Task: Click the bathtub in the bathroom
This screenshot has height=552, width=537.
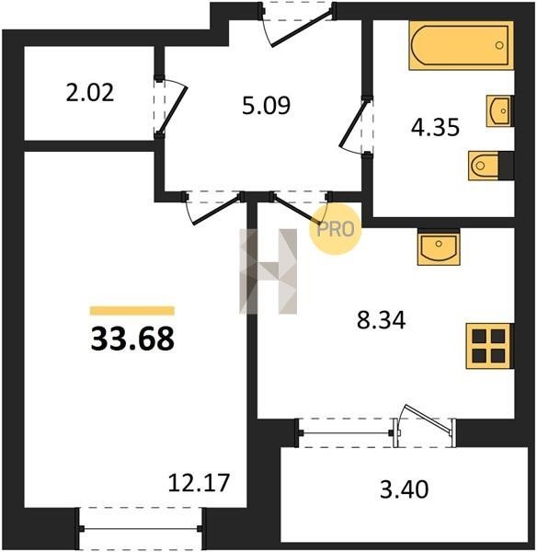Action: (x=461, y=45)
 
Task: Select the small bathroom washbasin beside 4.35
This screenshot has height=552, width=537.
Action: (x=499, y=110)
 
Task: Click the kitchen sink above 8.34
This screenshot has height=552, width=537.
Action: (x=439, y=247)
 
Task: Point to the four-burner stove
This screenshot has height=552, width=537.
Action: (x=489, y=346)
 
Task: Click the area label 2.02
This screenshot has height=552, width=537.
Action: (x=90, y=94)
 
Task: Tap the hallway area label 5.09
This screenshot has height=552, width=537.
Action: (x=266, y=106)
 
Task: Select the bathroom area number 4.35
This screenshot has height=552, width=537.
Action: (x=435, y=127)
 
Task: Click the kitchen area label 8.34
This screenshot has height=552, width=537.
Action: (x=381, y=320)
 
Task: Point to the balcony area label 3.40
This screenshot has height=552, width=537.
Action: (x=405, y=489)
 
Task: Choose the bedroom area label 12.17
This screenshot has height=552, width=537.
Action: (x=199, y=482)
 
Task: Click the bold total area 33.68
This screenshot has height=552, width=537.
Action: (x=132, y=339)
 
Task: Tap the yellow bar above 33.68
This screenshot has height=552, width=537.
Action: (x=132, y=311)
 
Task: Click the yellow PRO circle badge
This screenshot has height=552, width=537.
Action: (x=335, y=229)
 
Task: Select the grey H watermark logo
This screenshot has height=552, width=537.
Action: (x=268, y=271)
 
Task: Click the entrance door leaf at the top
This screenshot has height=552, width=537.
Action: (x=303, y=29)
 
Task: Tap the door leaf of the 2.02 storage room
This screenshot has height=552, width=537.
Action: (x=172, y=109)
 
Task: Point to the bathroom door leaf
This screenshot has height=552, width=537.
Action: (x=353, y=123)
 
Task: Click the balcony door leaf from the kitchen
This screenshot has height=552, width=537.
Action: (x=428, y=419)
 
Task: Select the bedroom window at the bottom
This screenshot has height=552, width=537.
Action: (x=141, y=528)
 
